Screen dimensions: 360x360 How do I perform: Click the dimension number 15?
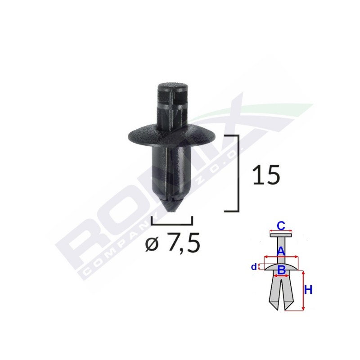coord(266,175)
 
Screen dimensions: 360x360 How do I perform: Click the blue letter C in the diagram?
coord(280,225)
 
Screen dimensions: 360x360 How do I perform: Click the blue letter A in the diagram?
coord(280,251)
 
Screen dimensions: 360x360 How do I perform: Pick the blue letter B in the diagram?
coord(281,270)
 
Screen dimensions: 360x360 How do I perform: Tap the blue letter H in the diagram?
coord(308,290)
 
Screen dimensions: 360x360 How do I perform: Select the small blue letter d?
coord(254,267)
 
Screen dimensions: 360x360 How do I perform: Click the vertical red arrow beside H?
coord(303,291)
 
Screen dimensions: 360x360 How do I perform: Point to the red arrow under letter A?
coord(281,257)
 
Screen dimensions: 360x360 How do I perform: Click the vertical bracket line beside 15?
coord(237,173)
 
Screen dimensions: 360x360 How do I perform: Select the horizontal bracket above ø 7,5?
coord(172,223)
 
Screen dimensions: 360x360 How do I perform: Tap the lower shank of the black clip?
coord(172,171)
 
